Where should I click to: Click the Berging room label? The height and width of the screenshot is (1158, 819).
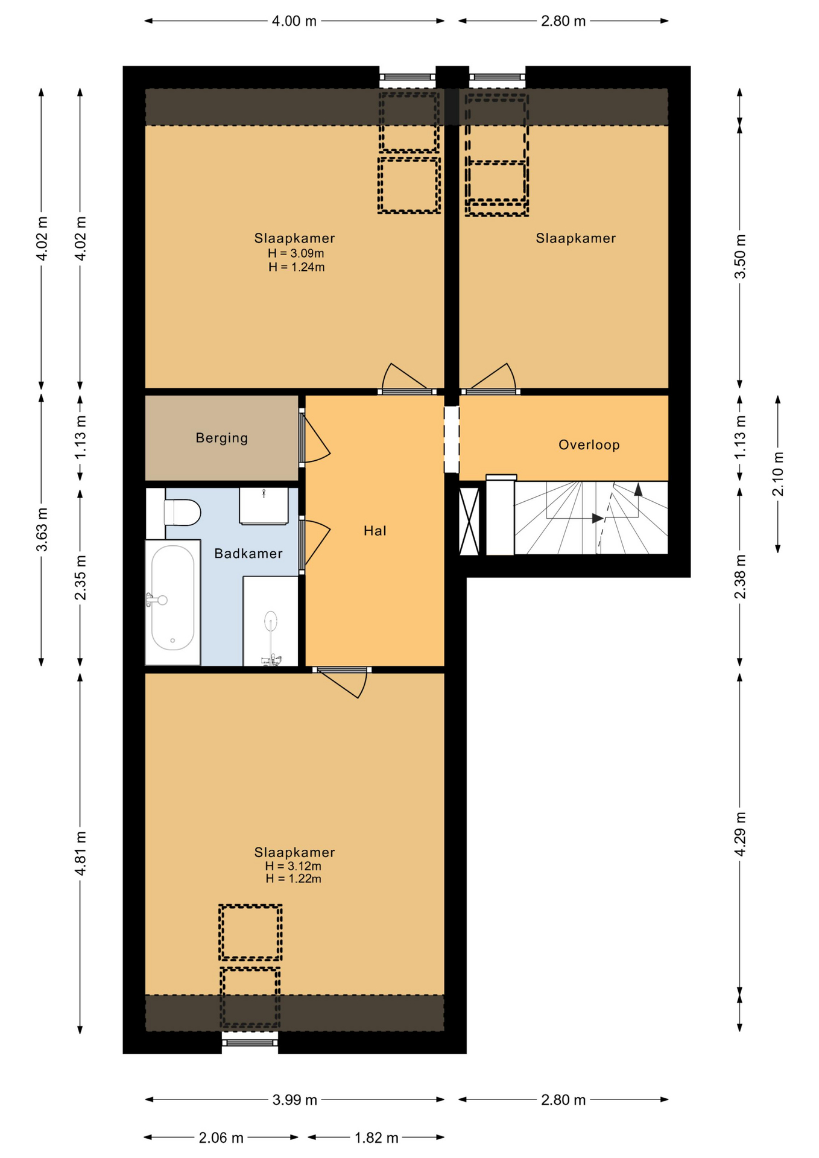tap(221, 438)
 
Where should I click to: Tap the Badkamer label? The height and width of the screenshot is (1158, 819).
tap(248, 553)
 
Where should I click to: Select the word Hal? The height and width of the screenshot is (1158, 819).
tap(375, 531)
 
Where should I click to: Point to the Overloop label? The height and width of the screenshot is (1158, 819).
tap(589, 445)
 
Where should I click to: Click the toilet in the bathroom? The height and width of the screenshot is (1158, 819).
tap(182, 513)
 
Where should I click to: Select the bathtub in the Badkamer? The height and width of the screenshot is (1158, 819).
tap(172, 603)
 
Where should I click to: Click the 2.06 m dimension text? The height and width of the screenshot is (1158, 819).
tap(221, 1137)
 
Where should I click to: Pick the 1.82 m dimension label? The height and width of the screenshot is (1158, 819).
tap(376, 1137)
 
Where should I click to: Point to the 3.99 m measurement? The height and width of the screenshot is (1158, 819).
tap(294, 1099)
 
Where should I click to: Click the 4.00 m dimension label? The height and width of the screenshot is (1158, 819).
tap(294, 21)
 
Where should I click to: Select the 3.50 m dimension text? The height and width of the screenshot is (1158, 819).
tap(740, 256)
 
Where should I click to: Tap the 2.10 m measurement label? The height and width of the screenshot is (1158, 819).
tap(778, 474)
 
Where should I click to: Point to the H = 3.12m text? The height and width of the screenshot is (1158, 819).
tap(293, 866)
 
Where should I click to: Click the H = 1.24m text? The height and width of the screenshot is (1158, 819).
tap(296, 267)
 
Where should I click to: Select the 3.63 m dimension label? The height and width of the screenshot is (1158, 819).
tap(42, 530)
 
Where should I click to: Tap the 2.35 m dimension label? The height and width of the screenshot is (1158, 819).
tap(80, 578)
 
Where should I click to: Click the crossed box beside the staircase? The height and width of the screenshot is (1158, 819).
tap(469, 521)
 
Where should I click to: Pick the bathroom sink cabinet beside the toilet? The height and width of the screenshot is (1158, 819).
tap(264, 506)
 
